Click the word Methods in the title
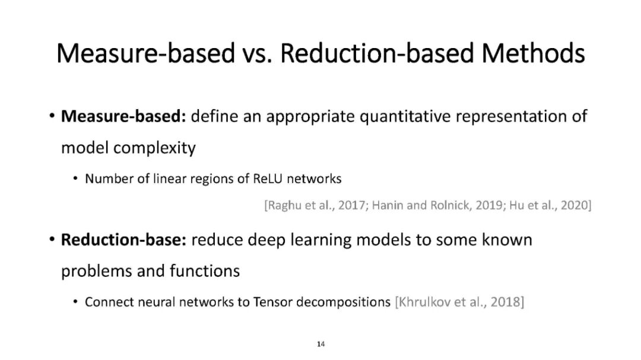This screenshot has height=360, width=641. click(533, 53)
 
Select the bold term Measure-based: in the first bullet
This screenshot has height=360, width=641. click(123, 116)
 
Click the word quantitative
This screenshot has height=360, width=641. click(405, 117)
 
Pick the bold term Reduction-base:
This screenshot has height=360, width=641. click(123, 240)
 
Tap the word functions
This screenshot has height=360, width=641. click(204, 271)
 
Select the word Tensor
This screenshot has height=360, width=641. click(272, 302)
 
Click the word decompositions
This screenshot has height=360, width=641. click(344, 302)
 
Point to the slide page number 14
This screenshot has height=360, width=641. click(321, 344)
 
